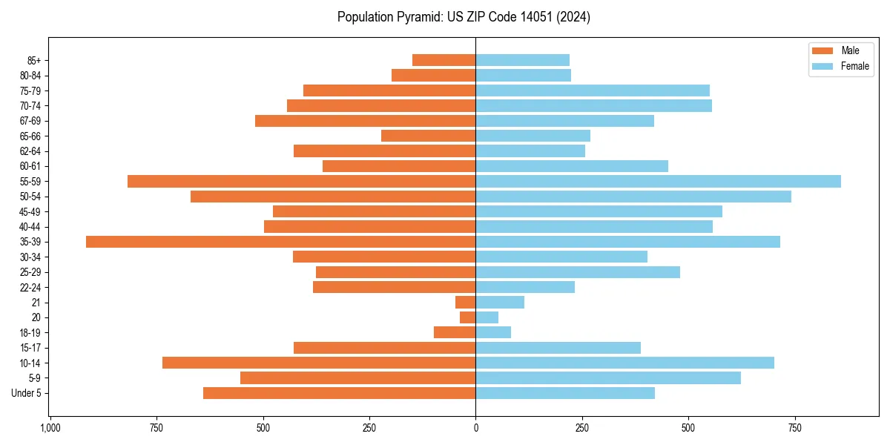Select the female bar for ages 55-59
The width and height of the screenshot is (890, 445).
pos(658,182)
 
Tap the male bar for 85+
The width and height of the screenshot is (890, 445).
pos(444,60)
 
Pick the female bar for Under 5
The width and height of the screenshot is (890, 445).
pos(565,393)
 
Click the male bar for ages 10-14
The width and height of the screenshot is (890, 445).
pos(319,363)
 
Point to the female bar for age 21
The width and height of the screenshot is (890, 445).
pos(500,303)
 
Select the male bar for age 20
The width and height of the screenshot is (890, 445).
pos(468,317)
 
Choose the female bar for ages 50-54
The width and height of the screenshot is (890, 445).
pos(633,197)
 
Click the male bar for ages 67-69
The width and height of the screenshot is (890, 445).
pos(365,121)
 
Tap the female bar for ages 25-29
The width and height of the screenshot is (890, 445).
pos(578,272)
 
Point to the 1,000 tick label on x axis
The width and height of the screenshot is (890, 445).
pos(50,429)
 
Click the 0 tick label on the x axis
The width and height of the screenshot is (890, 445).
pos(475,429)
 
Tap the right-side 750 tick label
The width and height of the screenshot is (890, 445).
pos(794,429)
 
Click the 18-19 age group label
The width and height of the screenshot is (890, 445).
pos(30,333)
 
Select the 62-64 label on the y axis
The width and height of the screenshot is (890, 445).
pos(30,151)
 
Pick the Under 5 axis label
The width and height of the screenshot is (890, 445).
pos(27,393)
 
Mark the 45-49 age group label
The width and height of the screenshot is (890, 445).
pos(30,212)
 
